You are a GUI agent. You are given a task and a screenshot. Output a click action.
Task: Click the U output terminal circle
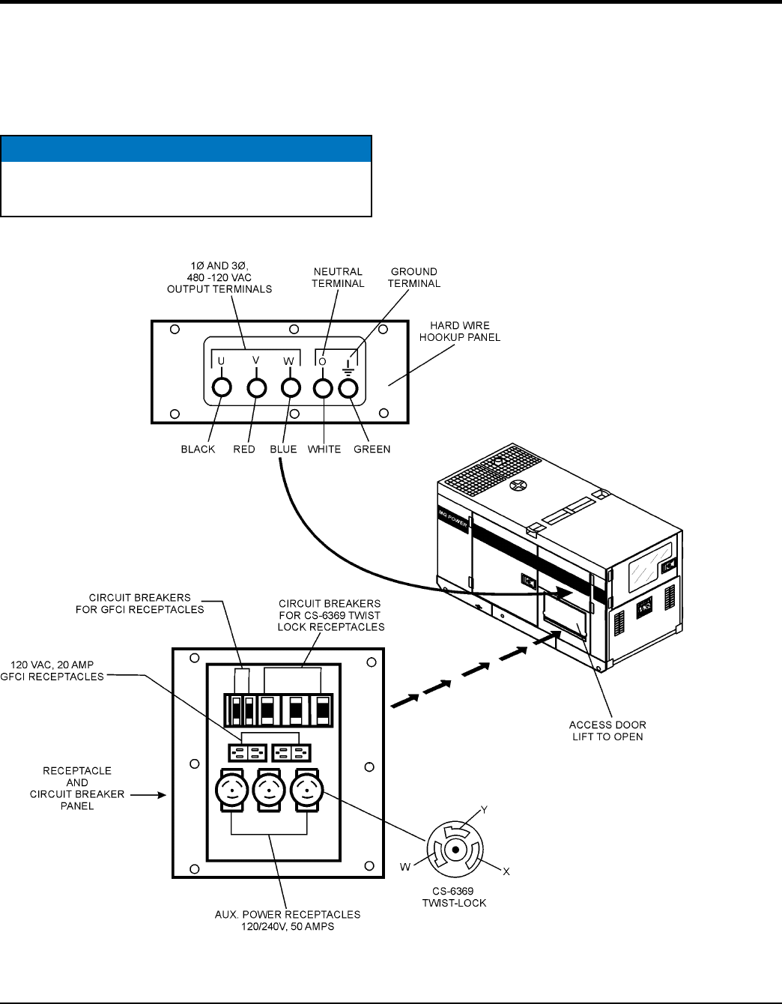point(222,387)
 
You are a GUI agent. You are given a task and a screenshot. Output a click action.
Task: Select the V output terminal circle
point(256,387)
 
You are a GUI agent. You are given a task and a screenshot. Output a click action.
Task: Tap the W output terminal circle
point(291,387)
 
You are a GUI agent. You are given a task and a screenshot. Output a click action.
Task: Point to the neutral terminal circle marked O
point(323,387)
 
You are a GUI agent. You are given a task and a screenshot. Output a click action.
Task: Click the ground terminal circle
point(348,387)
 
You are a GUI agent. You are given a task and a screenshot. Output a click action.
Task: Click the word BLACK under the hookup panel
point(198,450)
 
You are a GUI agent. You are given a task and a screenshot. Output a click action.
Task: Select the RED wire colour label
point(244,450)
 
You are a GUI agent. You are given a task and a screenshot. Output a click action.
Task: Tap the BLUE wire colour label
point(283,450)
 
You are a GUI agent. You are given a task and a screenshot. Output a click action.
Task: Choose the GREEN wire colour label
point(372,450)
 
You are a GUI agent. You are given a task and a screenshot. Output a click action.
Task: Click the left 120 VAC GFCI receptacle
point(247,752)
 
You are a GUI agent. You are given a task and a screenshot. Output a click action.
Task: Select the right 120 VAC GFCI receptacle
point(292,752)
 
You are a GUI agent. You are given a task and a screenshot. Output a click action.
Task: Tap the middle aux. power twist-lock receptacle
point(270,789)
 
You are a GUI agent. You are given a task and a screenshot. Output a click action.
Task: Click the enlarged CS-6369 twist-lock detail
point(455,849)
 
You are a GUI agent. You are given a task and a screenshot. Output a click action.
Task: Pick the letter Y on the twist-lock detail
point(485,810)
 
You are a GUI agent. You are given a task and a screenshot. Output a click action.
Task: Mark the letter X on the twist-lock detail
point(506,871)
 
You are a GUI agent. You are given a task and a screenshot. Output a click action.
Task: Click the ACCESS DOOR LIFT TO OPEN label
point(607,731)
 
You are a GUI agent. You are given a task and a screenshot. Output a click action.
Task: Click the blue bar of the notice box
point(187,149)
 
